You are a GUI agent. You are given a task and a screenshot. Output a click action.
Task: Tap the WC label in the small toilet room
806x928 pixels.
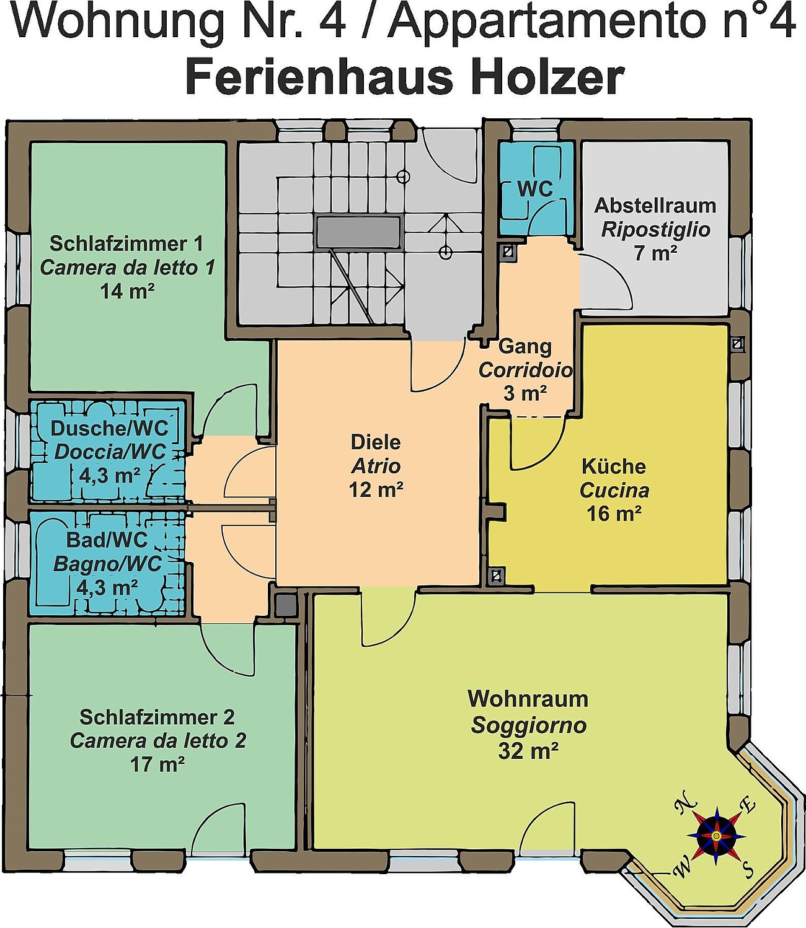tap(536, 189)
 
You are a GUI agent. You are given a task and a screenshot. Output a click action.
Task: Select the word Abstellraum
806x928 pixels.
tap(655, 206)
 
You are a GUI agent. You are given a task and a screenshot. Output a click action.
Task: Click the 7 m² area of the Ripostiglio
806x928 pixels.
tap(656, 253)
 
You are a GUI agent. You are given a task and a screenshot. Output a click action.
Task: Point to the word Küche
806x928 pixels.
tap(614, 466)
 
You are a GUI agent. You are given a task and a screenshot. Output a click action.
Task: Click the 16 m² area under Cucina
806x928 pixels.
tap(614, 514)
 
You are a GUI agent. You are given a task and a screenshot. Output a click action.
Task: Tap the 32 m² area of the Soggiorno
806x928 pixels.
tap(528, 751)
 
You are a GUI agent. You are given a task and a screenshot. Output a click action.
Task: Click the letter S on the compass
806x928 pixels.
tap(748, 869)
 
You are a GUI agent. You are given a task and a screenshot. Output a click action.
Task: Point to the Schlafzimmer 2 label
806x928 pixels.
tap(157, 717)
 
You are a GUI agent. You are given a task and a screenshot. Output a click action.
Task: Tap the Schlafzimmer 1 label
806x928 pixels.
tap(126, 243)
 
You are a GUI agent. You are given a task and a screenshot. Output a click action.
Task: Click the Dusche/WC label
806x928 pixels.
tap(109, 428)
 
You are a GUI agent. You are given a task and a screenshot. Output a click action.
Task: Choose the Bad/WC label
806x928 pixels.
tap(107, 540)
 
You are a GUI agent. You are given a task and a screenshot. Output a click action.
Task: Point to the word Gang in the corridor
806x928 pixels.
tap(525, 346)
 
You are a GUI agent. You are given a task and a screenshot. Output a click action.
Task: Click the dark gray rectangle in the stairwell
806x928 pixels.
tap(360, 232)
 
